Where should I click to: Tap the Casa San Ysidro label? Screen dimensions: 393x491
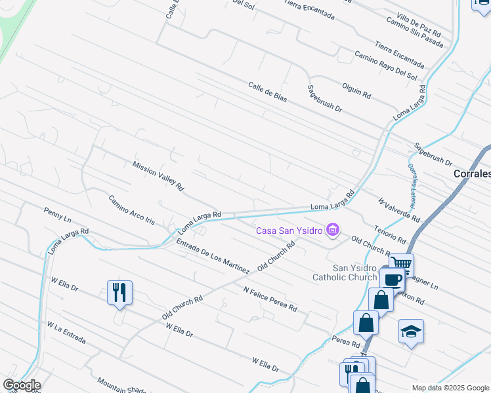tap(289, 231)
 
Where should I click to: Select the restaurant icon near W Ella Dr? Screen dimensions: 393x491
tap(119, 292)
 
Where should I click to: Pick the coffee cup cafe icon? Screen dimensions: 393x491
tap(393, 279)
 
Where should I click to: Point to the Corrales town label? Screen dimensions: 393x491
tap(472, 174)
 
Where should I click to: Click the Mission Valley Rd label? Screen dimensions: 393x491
tap(158, 177)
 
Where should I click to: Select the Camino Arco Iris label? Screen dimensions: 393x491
tap(131, 210)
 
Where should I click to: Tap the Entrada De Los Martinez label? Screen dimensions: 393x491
tap(213, 257)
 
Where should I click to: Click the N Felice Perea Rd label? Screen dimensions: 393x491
tap(270, 299)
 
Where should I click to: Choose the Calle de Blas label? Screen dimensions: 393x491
tap(268, 91)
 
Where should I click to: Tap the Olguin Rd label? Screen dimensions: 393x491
tap(356, 90)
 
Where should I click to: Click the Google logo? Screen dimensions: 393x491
tap(21, 385)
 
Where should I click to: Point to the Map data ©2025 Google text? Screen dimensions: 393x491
tap(450, 388)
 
